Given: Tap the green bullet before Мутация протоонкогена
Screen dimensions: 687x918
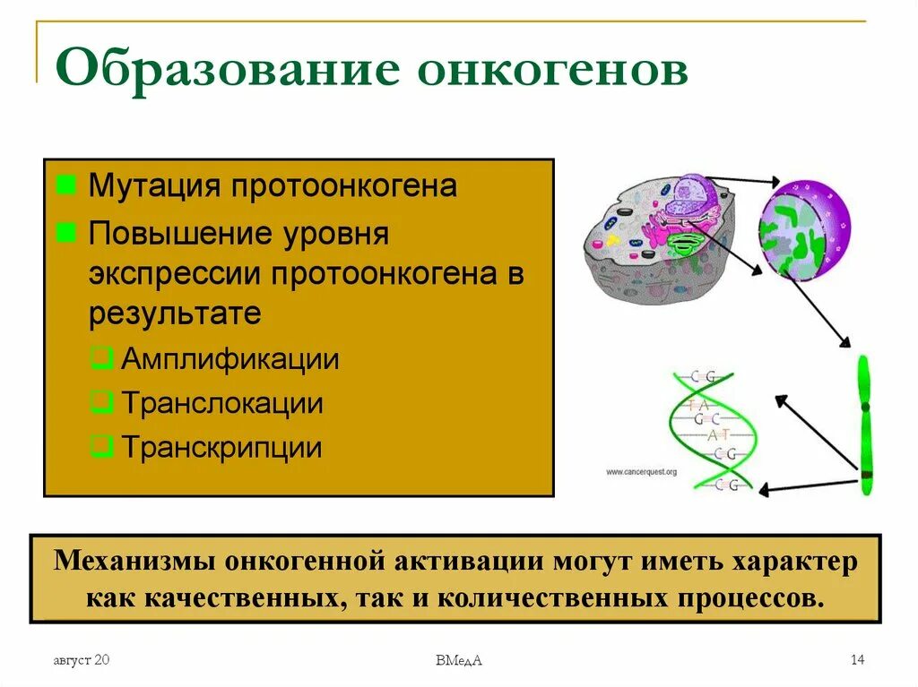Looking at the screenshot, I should pyautogui.click(x=65, y=186).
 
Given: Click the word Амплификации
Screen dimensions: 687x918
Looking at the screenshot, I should pyautogui.click(x=230, y=360).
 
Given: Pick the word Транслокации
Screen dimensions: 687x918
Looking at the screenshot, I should pyautogui.click(x=222, y=403).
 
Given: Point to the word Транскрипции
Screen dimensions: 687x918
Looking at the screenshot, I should pyautogui.click(x=221, y=447).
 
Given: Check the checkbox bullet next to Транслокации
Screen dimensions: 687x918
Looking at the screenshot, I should pyautogui.click(x=103, y=403).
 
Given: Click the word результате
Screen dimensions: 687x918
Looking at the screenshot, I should pyautogui.click(x=175, y=313).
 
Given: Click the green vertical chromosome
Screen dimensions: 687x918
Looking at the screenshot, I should pyautogui.click(x=864, y=425).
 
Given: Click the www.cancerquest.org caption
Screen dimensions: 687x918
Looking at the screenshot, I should pyautogui.click(x=640, y=471).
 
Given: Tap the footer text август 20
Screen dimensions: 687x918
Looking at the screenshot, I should pyautogui.click(x=81, y=660).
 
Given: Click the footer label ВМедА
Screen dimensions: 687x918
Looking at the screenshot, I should pyautogui.click(x=459, y=661).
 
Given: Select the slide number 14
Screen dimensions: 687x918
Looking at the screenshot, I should pyautogui.click(x=857, y=660).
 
